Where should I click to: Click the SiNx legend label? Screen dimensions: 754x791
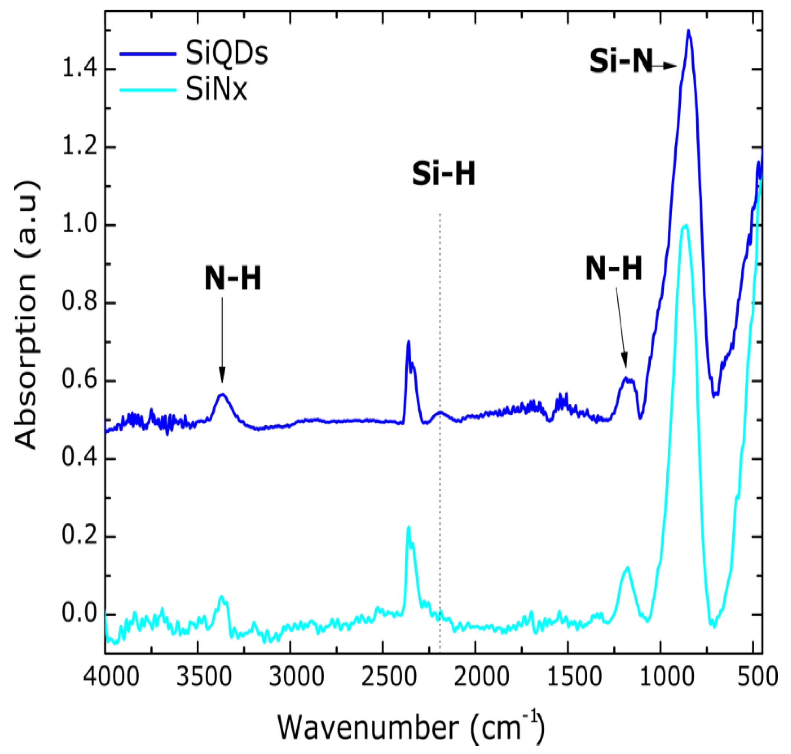[216, 89]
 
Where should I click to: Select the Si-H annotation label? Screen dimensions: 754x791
[444, 175]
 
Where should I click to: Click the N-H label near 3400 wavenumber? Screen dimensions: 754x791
[233, 279]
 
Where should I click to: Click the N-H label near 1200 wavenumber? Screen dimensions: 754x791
[614, 268]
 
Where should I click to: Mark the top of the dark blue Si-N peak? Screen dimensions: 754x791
[688, 30]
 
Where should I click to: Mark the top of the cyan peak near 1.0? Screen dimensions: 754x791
[685, 225]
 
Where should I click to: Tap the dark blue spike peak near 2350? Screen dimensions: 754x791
[409, 342]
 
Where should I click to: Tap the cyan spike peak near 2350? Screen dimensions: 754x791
[409, 527]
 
